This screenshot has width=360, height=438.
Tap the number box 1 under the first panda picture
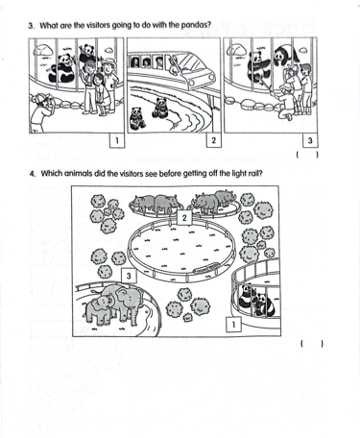coord(116,140)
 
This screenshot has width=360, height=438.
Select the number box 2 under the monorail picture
coord(214,140)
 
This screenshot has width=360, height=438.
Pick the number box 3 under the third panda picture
coord(310,140)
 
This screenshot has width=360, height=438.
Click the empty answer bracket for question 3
coord(307,155)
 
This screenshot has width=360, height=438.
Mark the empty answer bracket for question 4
coord(311,344)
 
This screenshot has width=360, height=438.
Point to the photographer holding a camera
coord(40,112)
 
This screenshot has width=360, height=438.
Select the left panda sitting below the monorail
coord(137,118)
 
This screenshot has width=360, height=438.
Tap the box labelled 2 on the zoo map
coord(184,218)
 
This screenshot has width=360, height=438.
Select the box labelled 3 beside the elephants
coord(129,276)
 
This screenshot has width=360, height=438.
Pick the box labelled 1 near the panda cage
coord(233,325)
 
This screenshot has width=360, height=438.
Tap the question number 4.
coord(32,174)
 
